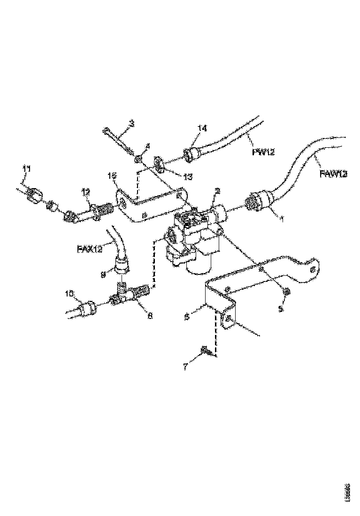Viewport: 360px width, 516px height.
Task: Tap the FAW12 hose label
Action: [334, 174]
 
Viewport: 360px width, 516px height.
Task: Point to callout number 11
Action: [27, 168]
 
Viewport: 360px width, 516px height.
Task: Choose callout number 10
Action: [69, 293]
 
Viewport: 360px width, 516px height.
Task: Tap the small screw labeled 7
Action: [205, 349]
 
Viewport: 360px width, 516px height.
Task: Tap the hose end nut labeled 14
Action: [190, 154]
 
